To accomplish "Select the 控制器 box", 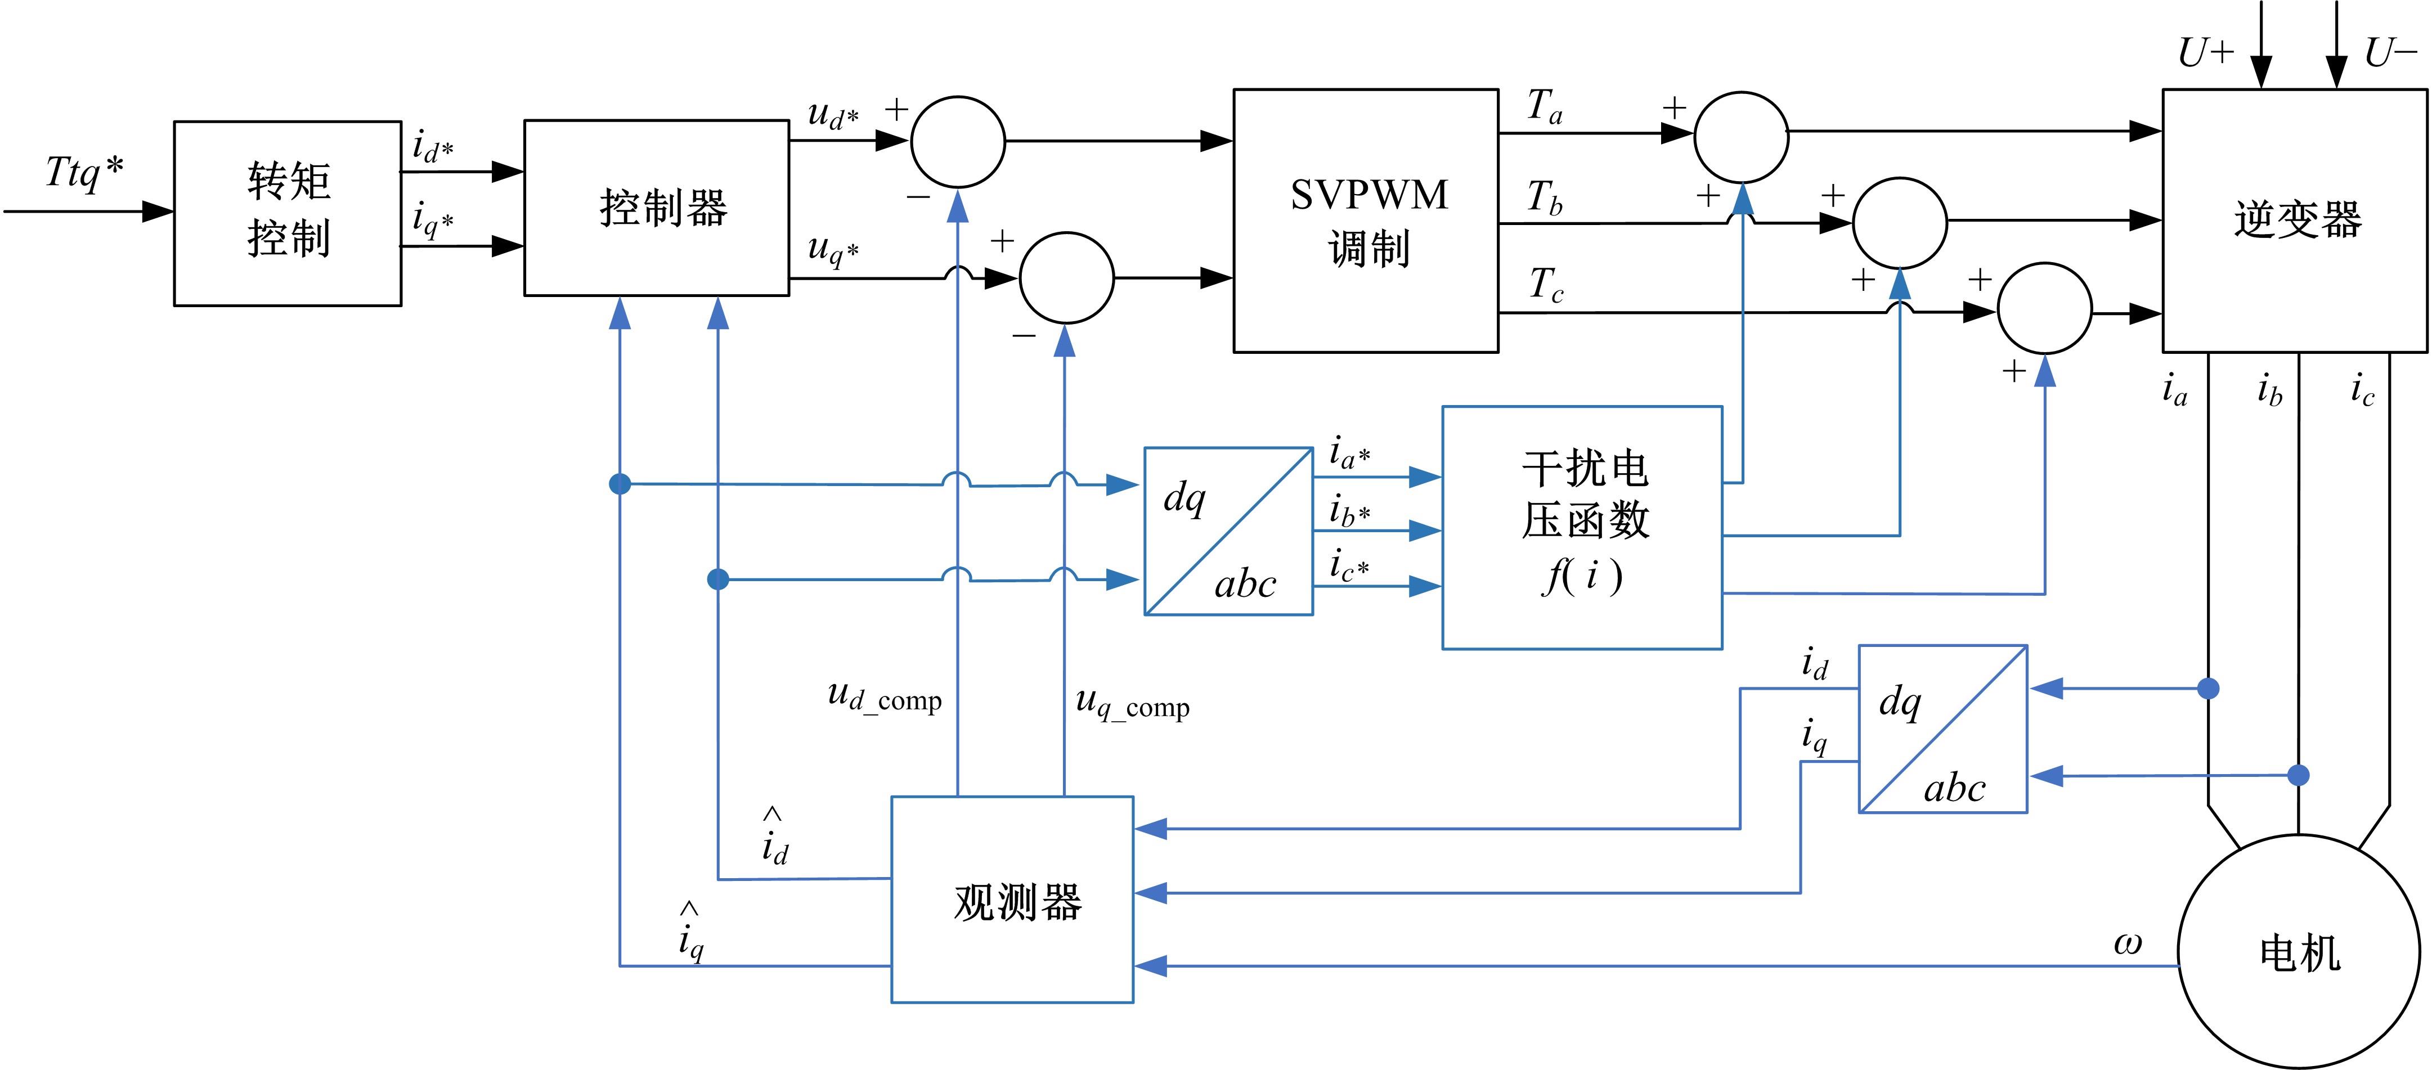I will point(656,208).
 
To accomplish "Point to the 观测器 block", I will point(1012,899).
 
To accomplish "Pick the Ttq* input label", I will point(85,173).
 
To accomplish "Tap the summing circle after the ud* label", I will point(957,142).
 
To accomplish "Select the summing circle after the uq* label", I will point(1066,278).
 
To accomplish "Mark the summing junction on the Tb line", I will point(1900,223).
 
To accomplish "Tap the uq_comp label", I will point(1132,703).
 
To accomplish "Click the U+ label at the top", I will point(2205,53).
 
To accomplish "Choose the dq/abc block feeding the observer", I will point(1943,729).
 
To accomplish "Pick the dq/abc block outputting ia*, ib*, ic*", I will point(1228,531).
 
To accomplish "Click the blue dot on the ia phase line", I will point(2208,689).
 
